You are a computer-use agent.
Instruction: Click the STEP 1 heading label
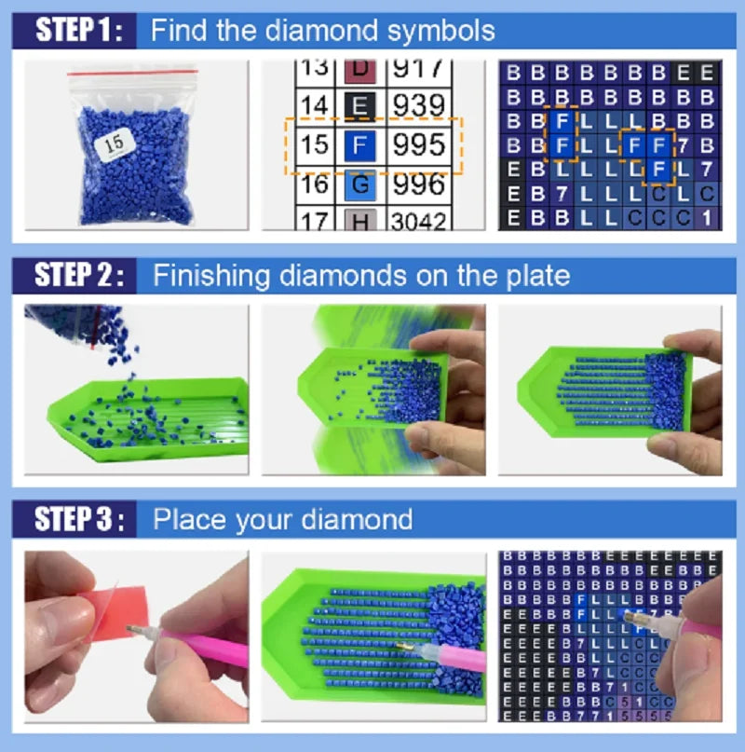78,31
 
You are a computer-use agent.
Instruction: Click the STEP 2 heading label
78,275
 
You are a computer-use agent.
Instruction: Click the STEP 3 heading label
78,519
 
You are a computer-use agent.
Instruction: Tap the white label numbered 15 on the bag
116,143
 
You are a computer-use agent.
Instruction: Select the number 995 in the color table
418,145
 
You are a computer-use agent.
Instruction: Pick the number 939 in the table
418,105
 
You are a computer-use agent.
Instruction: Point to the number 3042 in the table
418,221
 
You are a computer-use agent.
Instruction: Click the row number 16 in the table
316,185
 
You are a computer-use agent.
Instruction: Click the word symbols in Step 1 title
442,32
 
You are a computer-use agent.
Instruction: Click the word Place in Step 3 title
185,519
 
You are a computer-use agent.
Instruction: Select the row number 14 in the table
316,105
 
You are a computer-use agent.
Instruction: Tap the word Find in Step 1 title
178,32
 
